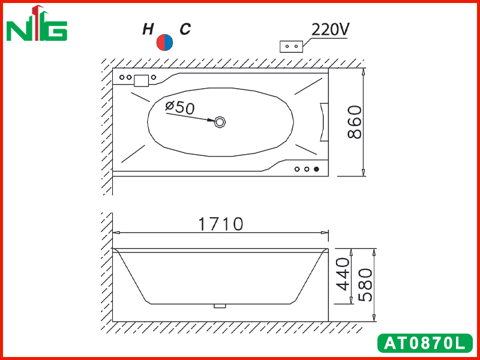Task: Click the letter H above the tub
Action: (x=148, y=29)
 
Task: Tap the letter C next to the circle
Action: (x=185, y=29)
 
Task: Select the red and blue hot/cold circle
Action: (x=164, y=43)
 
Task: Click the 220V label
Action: (x=331, y=29)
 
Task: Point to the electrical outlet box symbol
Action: (x=292, y=47)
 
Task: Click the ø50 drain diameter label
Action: (x=179, y=107)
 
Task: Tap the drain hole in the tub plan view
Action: (x=220, y=122)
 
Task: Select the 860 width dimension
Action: (x=355, y=122)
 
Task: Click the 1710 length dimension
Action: (x=221, y=224)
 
